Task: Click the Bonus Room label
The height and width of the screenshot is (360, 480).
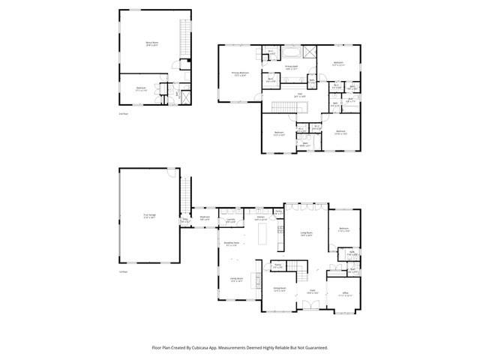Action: coord(151,43)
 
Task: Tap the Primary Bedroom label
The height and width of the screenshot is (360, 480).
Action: coord(239,73)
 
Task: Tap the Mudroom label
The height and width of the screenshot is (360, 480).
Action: coord(205,218)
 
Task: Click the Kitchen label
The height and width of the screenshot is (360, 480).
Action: coord(261,217)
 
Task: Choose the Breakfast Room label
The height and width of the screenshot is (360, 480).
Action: coord(232,244)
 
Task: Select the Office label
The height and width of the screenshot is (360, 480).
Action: coord(345,295)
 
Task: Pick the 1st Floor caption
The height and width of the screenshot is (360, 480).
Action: coord(123,271)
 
